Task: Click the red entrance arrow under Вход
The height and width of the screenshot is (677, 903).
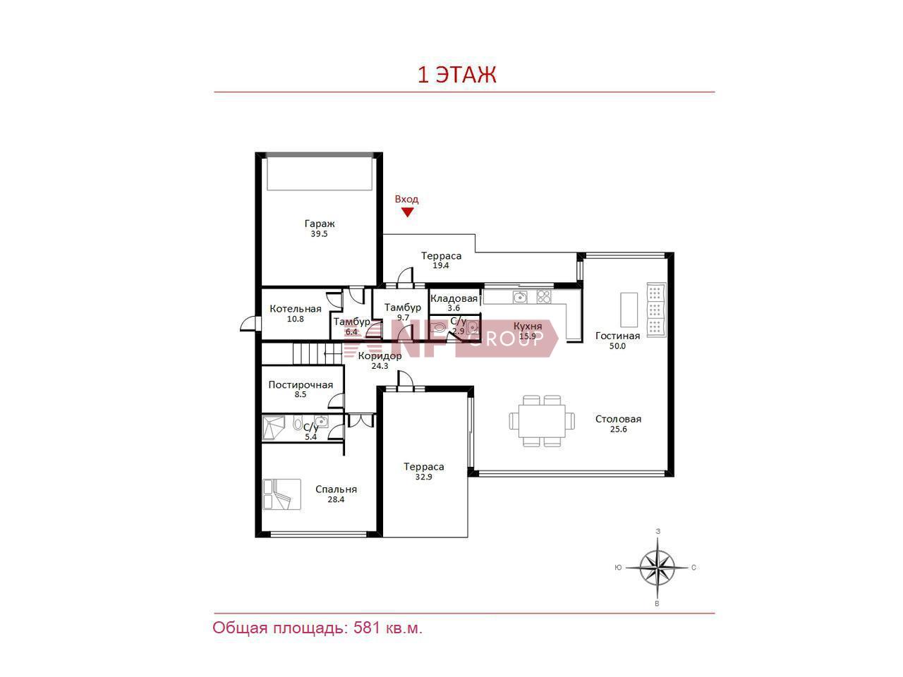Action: (407, 212)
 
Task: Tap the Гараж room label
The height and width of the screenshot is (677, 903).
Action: (320, 224)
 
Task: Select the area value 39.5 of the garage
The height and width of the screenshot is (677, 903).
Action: (319, 234)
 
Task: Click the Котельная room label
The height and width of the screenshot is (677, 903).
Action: (296, 309)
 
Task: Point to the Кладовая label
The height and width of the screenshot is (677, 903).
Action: (454, 298)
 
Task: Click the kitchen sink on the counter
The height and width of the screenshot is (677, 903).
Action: (520, 296)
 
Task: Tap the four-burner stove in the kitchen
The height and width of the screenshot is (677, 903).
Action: (544, 296)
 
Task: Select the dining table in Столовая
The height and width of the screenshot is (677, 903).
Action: (542, 421)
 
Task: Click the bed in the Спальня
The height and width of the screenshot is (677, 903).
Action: (281, 494)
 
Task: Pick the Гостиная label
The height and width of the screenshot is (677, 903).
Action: (617, 336)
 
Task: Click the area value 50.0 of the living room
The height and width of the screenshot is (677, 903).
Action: (617, 346)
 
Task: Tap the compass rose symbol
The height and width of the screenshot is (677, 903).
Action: (657, 568)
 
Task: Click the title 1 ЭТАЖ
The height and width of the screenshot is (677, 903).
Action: (457, 75)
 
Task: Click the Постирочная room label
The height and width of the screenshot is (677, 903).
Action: (301, 385)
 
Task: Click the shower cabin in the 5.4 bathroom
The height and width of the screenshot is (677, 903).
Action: (273, 428)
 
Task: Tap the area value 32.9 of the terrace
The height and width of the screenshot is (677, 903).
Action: (423, 477)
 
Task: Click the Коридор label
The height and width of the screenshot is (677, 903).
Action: (380, 355)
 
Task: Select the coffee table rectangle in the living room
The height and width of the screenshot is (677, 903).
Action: (629, 310)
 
